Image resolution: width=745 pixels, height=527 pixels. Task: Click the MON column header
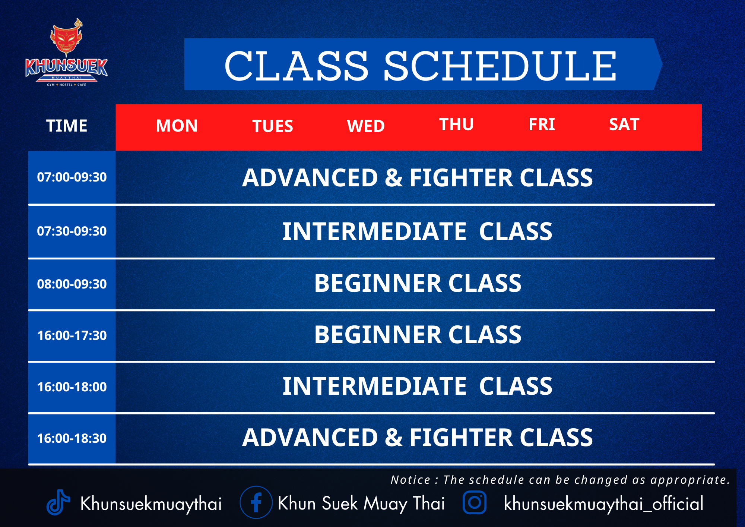coord(177,126)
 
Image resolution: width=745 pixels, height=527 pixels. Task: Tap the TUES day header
coord(273,126)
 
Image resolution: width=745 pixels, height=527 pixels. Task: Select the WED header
coord(366,126)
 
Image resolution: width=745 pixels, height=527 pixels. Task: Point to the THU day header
coord(456,124)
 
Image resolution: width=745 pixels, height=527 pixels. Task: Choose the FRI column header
coord(542,124)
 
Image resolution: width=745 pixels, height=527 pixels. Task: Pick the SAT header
coord(624,124)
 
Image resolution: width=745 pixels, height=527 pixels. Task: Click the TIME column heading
coord(67,126)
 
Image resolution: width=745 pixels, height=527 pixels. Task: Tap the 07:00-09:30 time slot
coord(72,177)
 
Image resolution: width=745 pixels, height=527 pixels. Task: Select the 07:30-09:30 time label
coord(72,231)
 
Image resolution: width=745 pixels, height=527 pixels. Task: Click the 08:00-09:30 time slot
coord(72,284)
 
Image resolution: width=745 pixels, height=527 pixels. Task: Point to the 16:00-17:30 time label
coord(72,335)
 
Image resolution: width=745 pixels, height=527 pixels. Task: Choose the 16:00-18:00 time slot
coord(72,387)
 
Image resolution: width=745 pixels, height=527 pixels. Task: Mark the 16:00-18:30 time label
coord(72,438)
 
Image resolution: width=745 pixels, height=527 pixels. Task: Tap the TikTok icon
coord(58,502)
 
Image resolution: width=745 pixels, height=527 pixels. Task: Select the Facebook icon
coord(256,502)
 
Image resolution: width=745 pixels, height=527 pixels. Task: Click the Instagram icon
coord(475,502)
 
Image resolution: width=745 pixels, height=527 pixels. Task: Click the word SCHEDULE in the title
coord(500,66)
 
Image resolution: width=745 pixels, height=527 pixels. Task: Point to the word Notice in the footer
coord(410,480)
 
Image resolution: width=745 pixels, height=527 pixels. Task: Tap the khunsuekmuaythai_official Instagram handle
coord(604,504)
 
